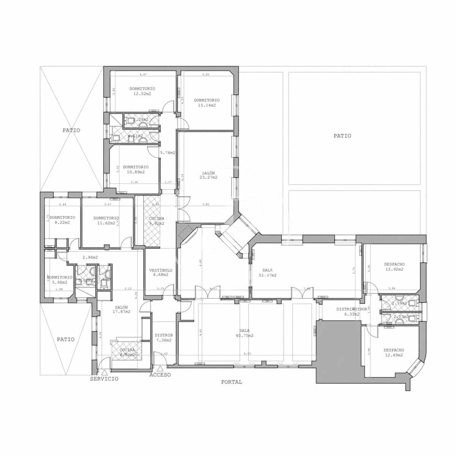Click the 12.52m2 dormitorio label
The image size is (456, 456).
pyautogui.click(x=142, y=91)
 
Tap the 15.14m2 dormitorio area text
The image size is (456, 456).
pyautogui.click(x=207, y=103)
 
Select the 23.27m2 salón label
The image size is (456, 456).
pyautogui.click(x=209, y=175)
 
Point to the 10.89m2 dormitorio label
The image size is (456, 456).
pyautogui.click(x=136, y=169)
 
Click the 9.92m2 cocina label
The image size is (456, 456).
pyautogui.click(x=157, y=221)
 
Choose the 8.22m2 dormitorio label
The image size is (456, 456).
pyautogui.click(x=62, y=220)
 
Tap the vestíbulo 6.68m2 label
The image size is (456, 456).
pyautogui.click(x=161, y=272)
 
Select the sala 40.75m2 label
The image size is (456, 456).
pyautogui.click(x=244, y=333)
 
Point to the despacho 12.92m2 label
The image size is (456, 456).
pyautogui.click(x=394, y=267)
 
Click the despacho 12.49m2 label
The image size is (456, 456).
pyautogui.click(x=394, y=353)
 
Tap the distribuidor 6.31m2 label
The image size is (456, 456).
pyautogui.click(x=351, y=312)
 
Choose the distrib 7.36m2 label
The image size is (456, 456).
pyautogui.click(x=164, y=338)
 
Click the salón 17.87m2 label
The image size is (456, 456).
pyautogui.click(x=122, y=309)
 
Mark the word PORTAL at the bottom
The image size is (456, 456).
pyautogui.click(x=231, y=382)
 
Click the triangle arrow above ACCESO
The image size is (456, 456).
pyautogui.click(x=160, y=368)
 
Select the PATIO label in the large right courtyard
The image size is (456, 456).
pyautogui.click(x=342, y=136)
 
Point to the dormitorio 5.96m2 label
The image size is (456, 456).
pyautogui.click(x=60, y=280)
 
